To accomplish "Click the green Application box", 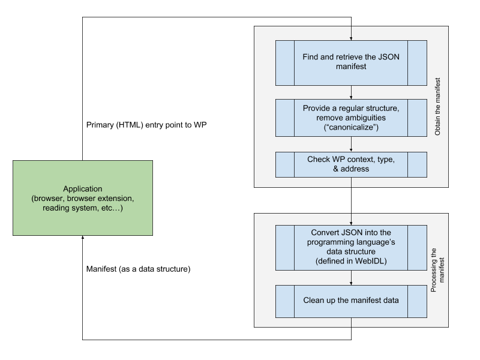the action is point(83,198).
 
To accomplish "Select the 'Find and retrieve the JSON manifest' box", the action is point(351,63).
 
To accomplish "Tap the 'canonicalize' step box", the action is point(351,118).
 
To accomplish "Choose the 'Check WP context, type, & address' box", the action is point(351,164).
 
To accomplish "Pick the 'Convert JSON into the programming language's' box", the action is point(351,248).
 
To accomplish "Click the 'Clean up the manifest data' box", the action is point(351,301).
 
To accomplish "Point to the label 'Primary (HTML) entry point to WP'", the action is point(146,125).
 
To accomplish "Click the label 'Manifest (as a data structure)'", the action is point(139,269).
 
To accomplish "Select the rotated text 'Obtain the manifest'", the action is point(437,107).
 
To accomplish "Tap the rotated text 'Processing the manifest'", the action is point(437,270).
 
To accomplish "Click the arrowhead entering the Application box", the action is point(83,237).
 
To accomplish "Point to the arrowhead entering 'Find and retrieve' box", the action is point(351,39).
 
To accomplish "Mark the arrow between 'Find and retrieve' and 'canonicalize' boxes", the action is point(351,92).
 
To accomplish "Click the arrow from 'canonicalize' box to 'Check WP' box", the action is point(351,144).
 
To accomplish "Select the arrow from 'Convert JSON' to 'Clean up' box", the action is point(351,278).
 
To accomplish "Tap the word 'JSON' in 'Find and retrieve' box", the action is point(389,56).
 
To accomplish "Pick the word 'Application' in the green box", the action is point(83,189).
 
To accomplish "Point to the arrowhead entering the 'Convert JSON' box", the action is point(351,223).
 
